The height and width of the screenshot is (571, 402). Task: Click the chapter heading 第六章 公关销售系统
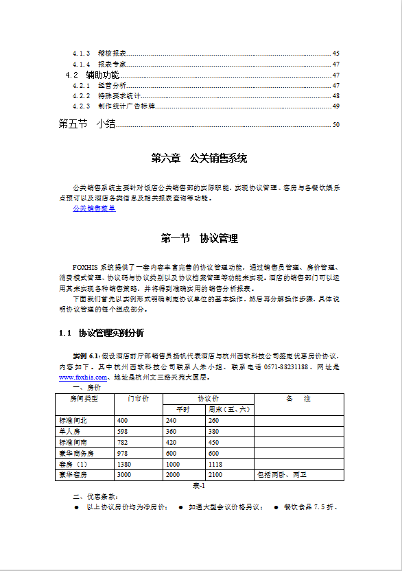click(199, 159)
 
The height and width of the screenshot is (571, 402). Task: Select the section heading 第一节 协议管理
click(199, 239)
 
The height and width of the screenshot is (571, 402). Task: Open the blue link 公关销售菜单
click(94, 208)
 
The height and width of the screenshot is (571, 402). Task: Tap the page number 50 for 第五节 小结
click(335, 125)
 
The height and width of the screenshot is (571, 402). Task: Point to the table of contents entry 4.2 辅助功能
click(92, 75)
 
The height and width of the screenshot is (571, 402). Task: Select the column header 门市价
click(139, 399)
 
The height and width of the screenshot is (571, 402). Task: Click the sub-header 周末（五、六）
click(229, 410)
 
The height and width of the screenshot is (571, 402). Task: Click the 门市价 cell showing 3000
click(124, 475)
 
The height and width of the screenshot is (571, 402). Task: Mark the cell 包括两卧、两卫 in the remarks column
click(281, 475)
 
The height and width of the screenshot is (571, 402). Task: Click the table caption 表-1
click(199, 485)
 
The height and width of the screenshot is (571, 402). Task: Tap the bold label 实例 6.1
click(86, 356)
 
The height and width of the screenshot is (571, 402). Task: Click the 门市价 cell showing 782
click(123, 443)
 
